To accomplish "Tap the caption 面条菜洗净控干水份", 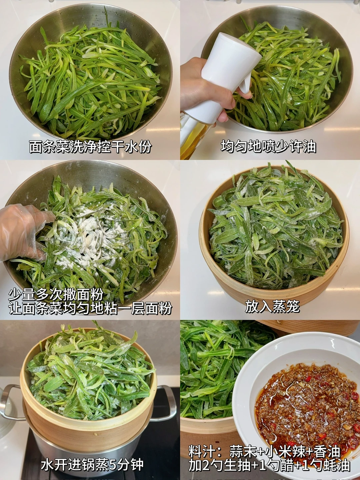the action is [x=90, y=147].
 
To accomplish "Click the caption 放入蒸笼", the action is [x=272, y=307].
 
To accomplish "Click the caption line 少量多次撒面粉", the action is [x=56, y=295].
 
